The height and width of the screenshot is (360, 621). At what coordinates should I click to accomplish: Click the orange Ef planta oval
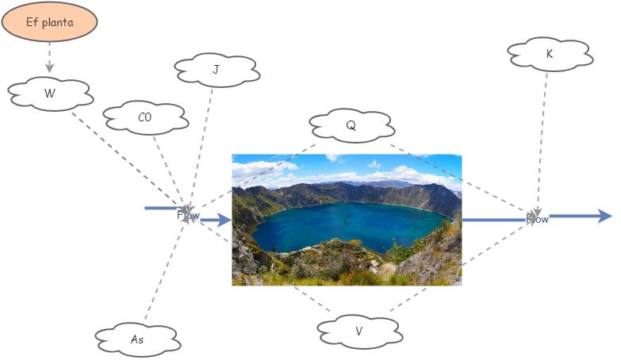[49, 22]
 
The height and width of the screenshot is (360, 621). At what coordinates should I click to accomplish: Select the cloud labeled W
[50, 94]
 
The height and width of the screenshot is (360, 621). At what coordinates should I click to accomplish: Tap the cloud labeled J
[216, 71]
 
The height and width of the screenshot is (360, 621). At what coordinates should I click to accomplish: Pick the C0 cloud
[144, 118]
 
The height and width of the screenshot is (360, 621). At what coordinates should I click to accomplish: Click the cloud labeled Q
[351, 124]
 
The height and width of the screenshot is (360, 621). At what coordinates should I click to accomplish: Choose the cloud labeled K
[550, 54]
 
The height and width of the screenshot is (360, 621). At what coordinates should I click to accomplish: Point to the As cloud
[137, 339]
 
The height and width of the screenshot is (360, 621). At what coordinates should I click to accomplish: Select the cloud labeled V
[358, 331]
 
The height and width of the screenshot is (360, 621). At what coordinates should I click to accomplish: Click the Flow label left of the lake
[188, 214]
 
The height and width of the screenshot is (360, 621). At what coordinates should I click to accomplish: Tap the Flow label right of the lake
[538, 219]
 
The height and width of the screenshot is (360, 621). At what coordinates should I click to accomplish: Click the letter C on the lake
[347, 220]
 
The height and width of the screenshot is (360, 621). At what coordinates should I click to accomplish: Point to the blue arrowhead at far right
[604, 216]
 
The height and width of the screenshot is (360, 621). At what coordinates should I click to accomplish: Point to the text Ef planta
[49, 22]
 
